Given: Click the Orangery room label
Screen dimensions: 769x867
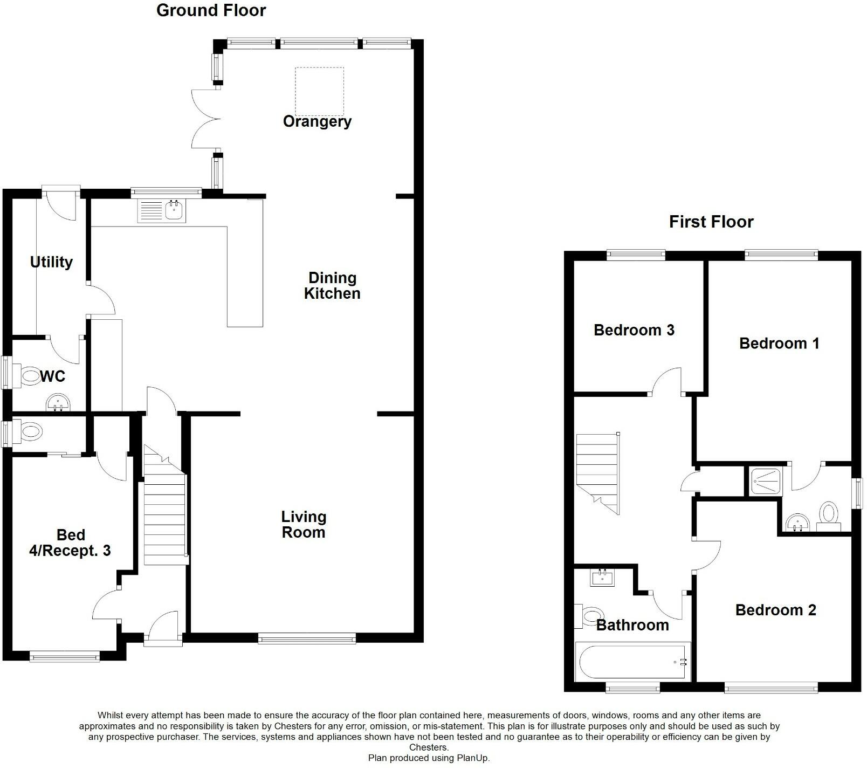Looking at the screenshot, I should (x=317, y=121).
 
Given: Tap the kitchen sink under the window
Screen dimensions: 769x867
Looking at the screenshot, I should (x=162, y=210).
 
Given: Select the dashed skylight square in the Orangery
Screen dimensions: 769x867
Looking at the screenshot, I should (x=319, y=91).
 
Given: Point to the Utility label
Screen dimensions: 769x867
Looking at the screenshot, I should (x=51, y=262).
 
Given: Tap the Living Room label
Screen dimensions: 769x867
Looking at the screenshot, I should (x=304, y=524).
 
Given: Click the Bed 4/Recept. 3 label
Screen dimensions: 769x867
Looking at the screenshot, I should (x=70, y=543).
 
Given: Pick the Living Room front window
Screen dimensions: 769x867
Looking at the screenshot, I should (x=307, y=639).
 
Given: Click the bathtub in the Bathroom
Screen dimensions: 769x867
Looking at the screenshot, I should (x=632, y=661).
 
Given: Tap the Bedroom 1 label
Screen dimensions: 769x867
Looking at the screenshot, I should (x=779, y=344).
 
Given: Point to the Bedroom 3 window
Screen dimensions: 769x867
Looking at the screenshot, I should (x=636, y=255).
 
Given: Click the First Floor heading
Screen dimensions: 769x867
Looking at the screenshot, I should (x=711, y=222).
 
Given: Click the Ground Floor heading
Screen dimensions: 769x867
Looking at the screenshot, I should (x=211, y=10).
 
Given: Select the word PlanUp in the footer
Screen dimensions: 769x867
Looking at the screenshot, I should (x=472, y=758).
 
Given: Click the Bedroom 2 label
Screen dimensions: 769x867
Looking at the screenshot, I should (x=775, y=610).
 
